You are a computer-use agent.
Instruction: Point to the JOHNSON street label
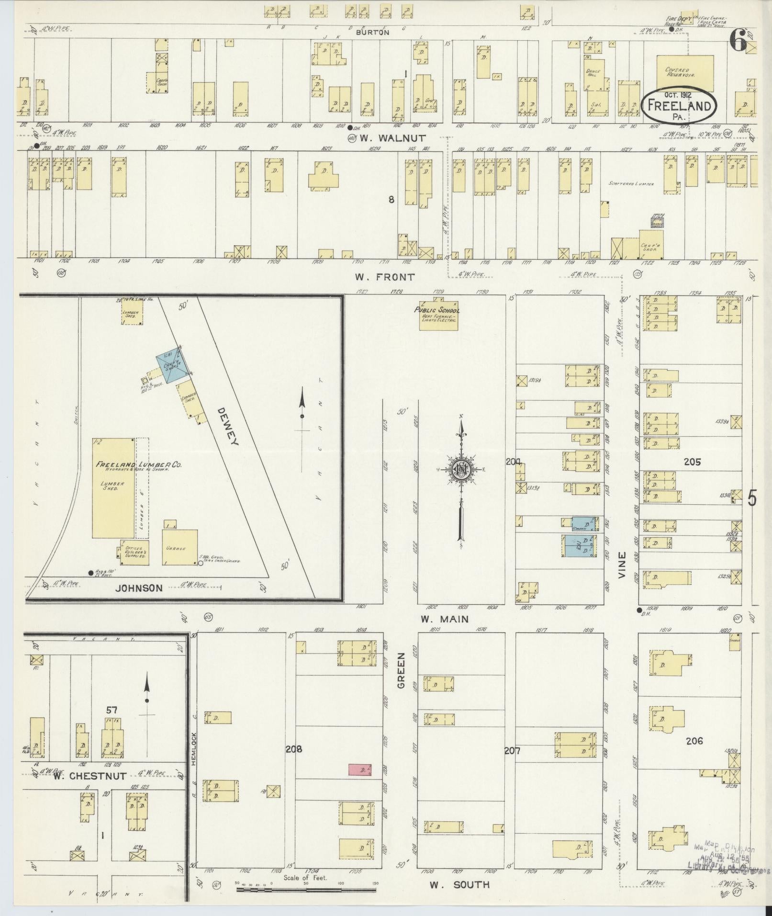pos(139,588)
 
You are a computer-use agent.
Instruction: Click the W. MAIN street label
pos(445,619)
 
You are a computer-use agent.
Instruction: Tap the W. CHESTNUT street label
pos(90,776)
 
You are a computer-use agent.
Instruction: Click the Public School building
pos(437,315)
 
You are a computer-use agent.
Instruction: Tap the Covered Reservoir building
pos(684,73)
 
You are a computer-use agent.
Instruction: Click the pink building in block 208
pos(360,769)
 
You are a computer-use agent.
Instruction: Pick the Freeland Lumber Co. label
pos(132,464)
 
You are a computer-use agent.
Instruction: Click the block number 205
pos(692,462)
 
